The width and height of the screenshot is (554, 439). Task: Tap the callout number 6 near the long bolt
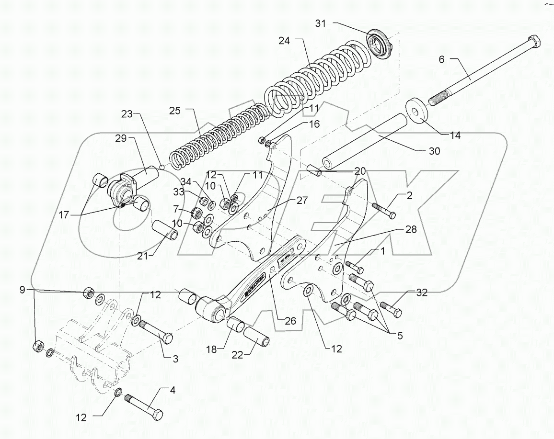(x=441, y=59)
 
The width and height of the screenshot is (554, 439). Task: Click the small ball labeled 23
(x=162, y=167)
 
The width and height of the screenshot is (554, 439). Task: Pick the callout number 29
(x=120, y=139)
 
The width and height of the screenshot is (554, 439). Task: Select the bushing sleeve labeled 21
(x=166, y=230)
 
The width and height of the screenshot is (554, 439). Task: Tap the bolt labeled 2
(x=383, y=210)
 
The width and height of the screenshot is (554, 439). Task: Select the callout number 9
(x=22, y=289)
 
